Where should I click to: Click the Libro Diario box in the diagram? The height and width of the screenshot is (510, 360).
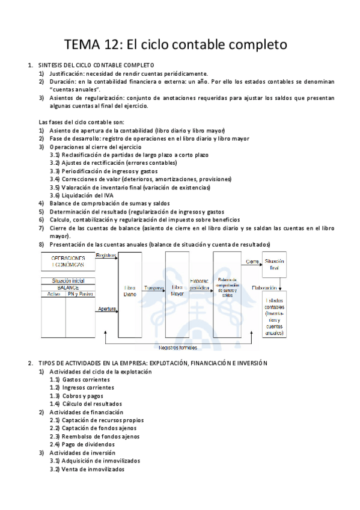coord(130,291)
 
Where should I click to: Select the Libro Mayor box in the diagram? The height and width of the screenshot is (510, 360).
coord(177,291)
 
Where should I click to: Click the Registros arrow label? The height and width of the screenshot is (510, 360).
coord(106,256)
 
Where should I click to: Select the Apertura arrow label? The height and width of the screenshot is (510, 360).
coord(106,309)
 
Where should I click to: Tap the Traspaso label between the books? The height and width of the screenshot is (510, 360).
coord(154,288)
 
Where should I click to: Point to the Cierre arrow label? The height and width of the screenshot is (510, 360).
coord(252,262)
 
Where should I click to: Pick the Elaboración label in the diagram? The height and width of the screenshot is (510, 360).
coord(264,287)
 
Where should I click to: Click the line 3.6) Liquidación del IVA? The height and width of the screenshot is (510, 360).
coord(84,195)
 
